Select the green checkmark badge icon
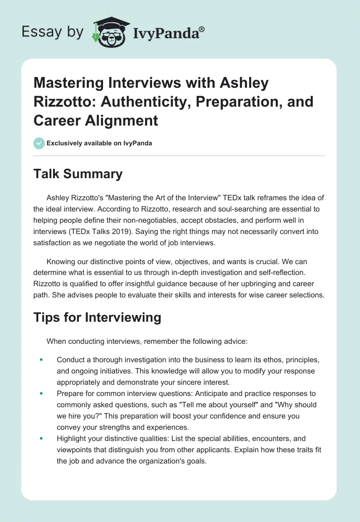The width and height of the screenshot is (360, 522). pos(39,143)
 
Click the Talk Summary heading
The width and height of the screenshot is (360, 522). pos(78,174)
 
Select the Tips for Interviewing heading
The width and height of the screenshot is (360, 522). pos(97,317)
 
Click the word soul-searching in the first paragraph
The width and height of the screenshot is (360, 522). pos(226,208)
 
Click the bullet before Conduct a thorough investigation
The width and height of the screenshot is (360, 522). pos(41,360)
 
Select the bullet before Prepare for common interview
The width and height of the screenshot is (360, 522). pos(41,393)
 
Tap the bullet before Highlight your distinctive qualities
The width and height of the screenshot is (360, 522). pos(41,438)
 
